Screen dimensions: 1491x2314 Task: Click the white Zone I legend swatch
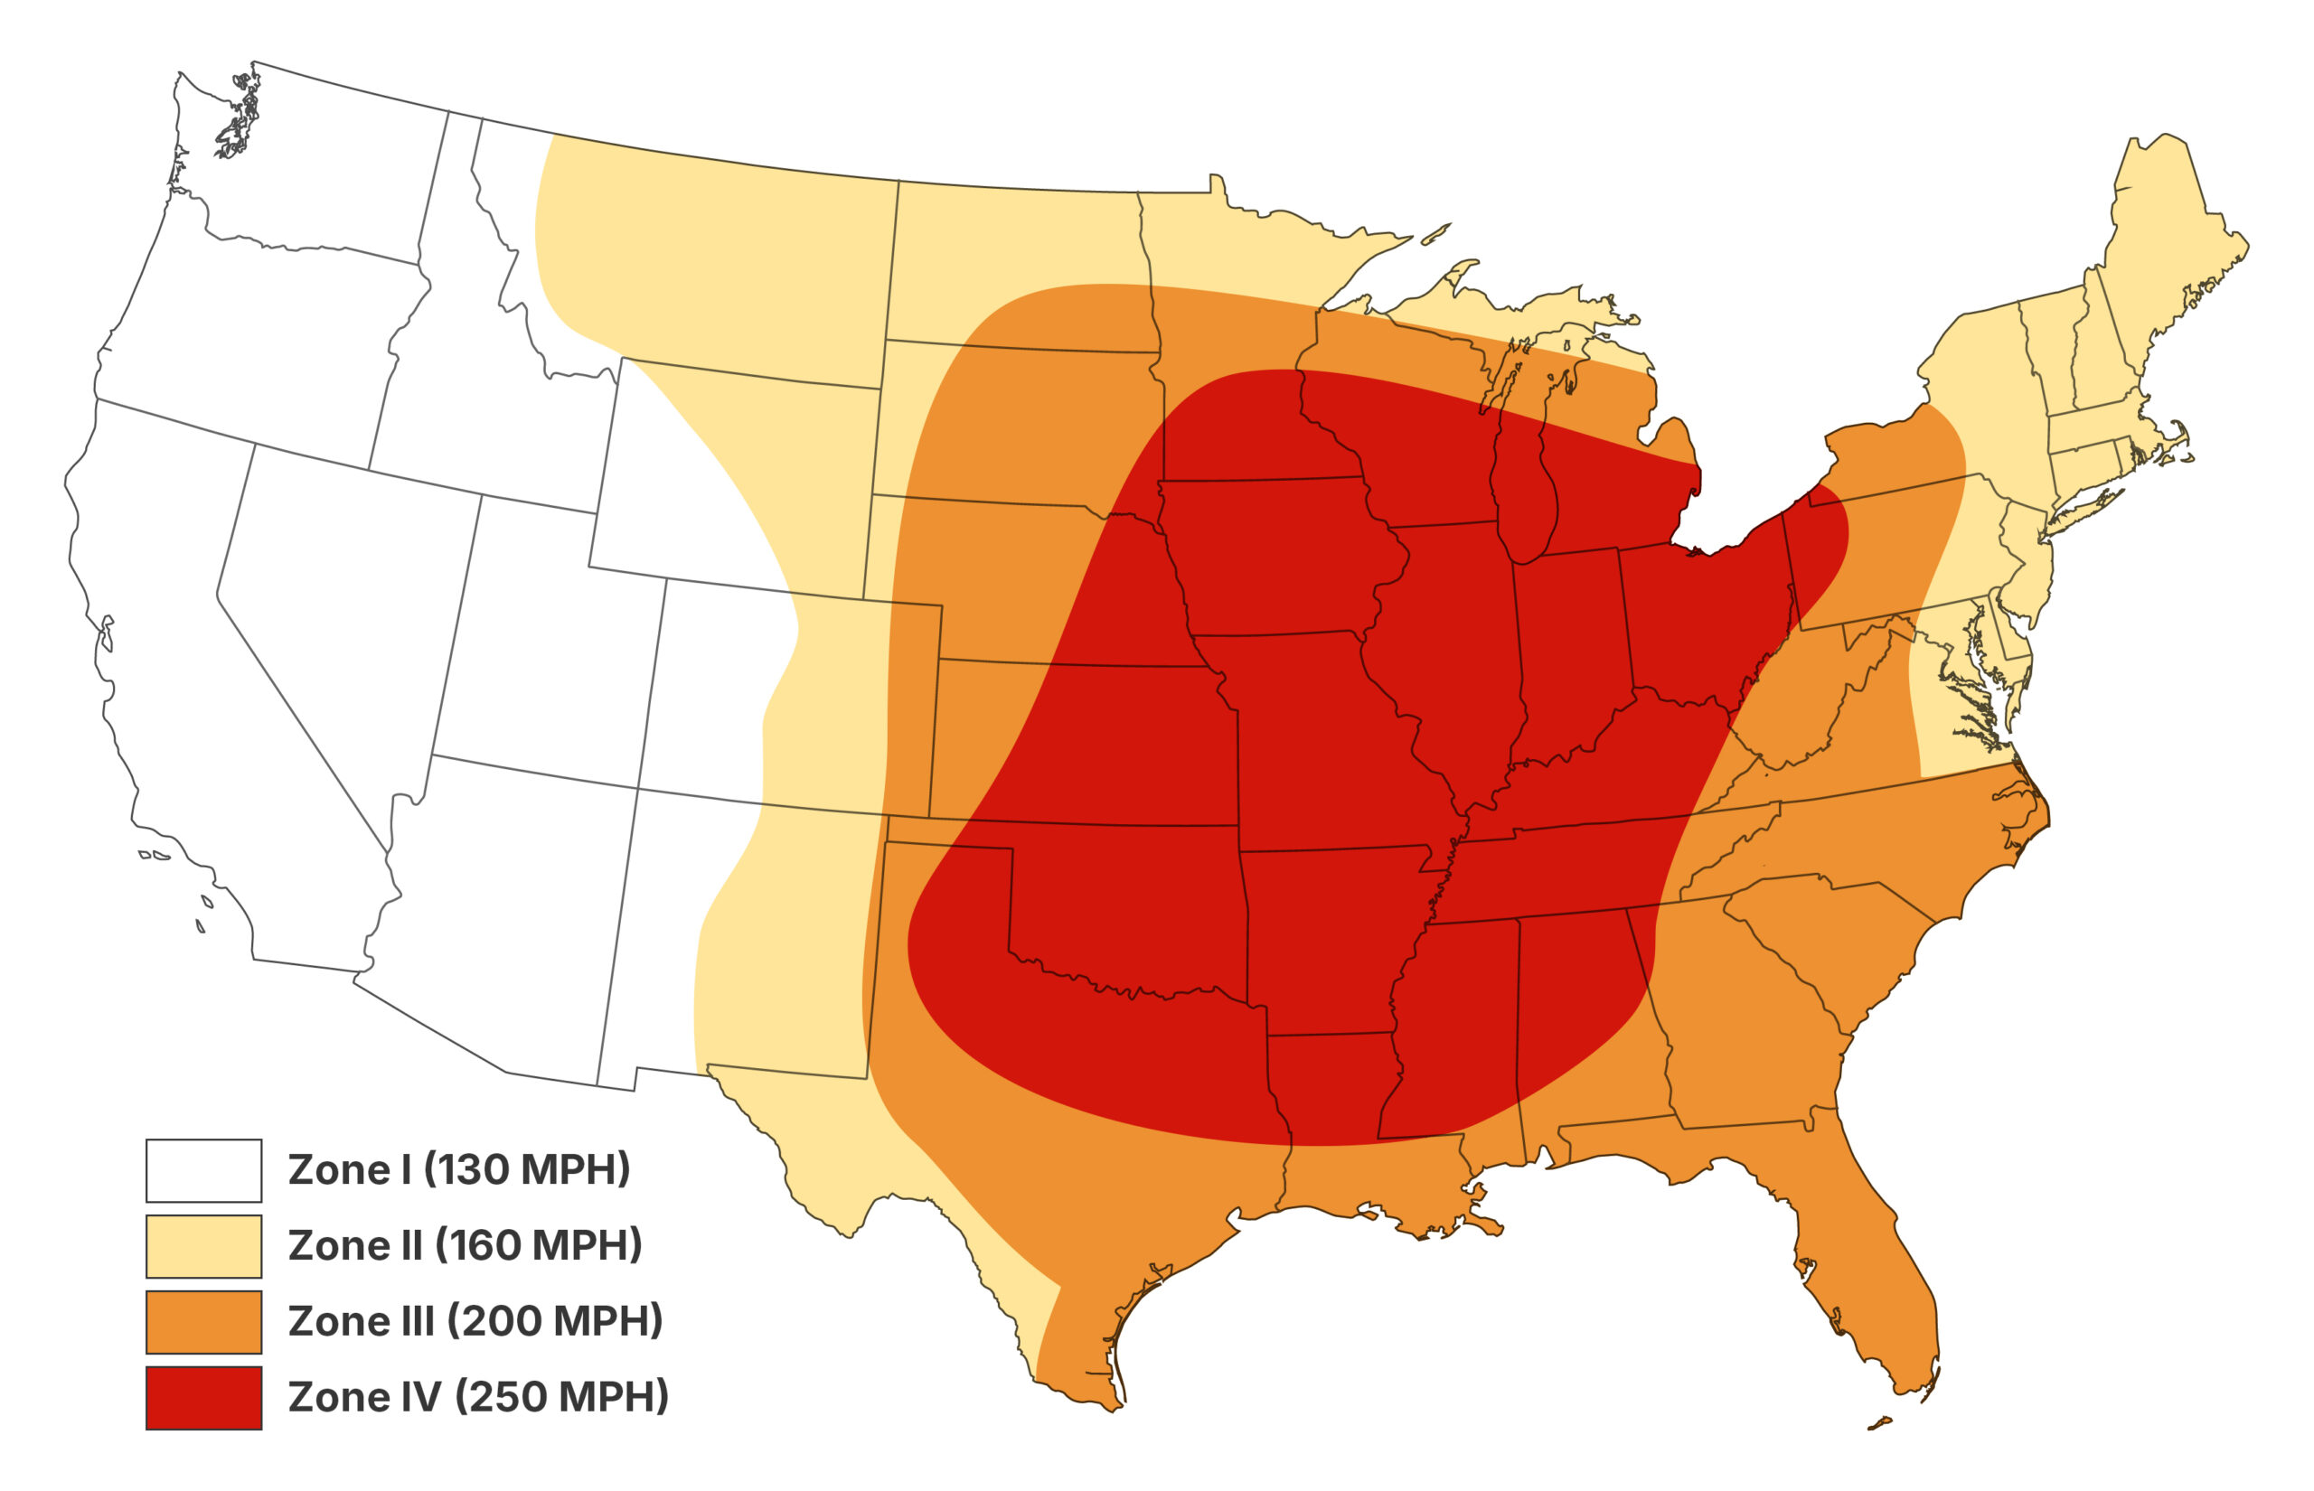(203, 1169)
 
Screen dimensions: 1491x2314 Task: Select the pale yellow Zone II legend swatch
(203, 1246)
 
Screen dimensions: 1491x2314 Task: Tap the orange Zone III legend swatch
(203, 1321)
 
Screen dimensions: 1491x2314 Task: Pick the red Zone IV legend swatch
(203, 1397)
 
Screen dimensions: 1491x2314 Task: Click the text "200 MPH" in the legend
(558, 1321)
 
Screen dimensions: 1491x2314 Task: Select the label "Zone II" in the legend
(354, 1246)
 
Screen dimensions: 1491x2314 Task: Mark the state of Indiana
(1568, 649)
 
